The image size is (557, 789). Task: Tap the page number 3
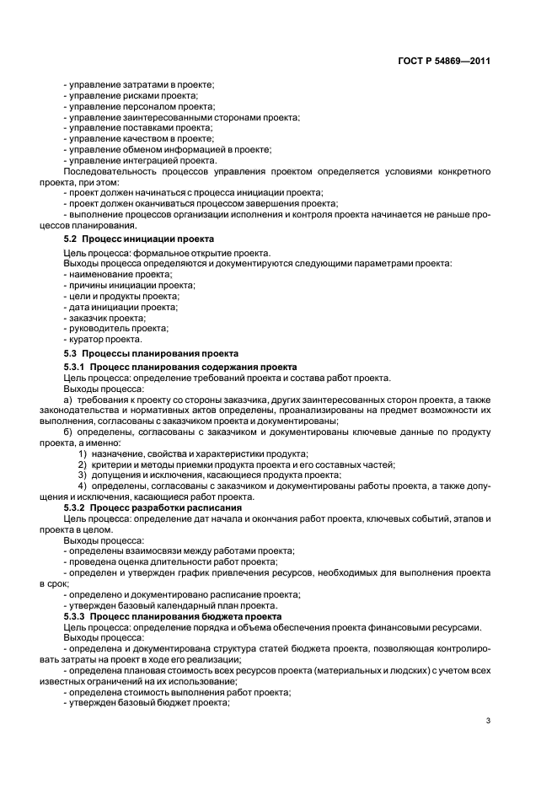coord(489,721)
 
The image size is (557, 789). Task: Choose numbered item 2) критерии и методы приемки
coord(236,464)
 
